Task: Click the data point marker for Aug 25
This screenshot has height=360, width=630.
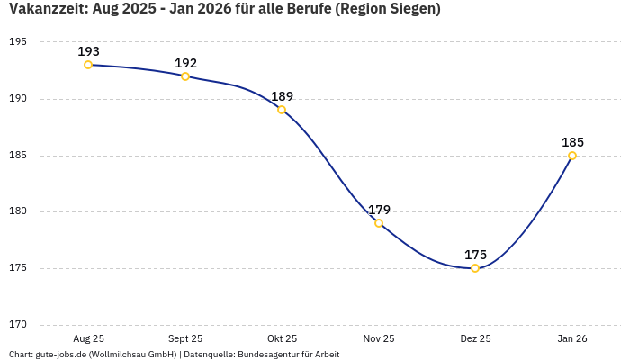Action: click(x=88, y=65)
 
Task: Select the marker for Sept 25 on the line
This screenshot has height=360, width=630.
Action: click(x=185, y=76)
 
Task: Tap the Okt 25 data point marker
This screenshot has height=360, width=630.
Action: click(x=282, y=110)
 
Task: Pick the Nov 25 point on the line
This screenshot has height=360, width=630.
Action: click(x=379, y=223)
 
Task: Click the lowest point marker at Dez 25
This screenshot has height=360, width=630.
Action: click(x=475, y=268)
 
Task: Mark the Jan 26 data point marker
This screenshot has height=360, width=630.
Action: click(x=572, y=156)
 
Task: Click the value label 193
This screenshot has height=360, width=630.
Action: click(x=88, y=51)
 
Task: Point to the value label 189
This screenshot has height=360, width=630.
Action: click(x=282, y=96)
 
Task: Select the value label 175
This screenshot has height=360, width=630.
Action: click(x=475, y=255)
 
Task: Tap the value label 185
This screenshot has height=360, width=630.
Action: click(x=572, y=142)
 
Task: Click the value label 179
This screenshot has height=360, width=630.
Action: click(x=379, y=210)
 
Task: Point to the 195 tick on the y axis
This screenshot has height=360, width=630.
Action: click(x=17, y=42)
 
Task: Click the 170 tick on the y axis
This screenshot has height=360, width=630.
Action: click(x=17, y=325)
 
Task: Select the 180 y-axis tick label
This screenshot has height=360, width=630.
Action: click(x=17, y=211)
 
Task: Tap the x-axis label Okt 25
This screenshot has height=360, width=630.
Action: click(x=282, y=338)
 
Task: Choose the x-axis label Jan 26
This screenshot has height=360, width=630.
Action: click(x=572, y=338)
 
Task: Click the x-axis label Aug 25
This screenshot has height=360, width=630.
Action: click(x=88, y=338)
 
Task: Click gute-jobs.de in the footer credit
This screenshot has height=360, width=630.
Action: click(x=60, y=355)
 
